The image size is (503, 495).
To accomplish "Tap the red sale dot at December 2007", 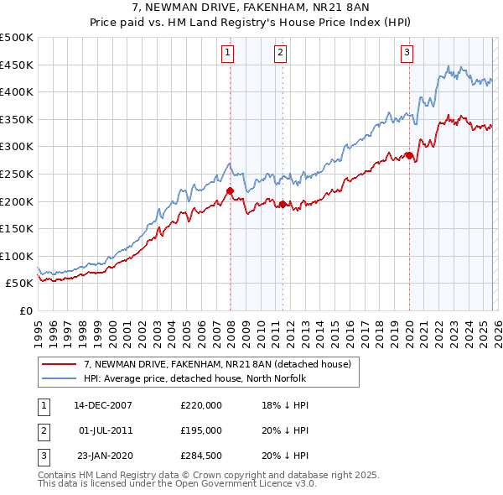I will tap(230, 191).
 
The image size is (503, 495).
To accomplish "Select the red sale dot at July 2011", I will tap(283, 204).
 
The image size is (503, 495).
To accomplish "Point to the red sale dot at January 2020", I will tap(409, 155).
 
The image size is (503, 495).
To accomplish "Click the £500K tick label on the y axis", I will tap(17, 38).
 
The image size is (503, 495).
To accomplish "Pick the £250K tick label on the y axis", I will tap(17, 174).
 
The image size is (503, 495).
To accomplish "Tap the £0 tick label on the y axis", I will tap(26, 310).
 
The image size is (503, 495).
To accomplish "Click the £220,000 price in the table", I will tap(201, 404).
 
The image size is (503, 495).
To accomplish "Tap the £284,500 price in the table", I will tap(201, 456).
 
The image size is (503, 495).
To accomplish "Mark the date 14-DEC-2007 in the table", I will tap(102, 404).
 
